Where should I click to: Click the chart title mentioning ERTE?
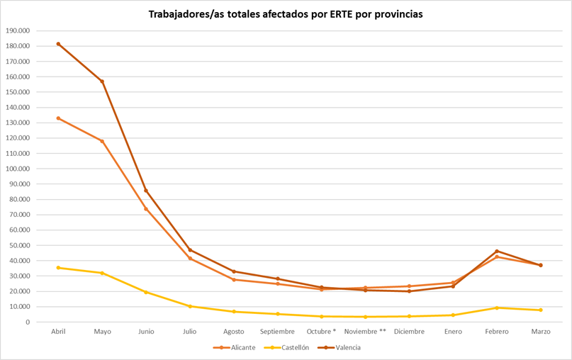pyautogui.click(x=285, y=14)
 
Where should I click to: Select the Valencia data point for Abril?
pyautogui.click(x=58, y=44)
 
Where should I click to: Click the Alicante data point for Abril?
pyautogui.click(x=58, y=118)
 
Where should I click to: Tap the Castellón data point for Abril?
pyautogui.click(x=58, y=268)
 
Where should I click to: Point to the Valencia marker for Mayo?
pyautogui.click(x=102, y=81)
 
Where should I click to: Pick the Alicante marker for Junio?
pyautogui.click(x=146, y=209)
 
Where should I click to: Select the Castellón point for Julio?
pyautogui.click(x=190, y=306)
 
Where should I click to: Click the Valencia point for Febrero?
pyautogui.click(x=497, y=251)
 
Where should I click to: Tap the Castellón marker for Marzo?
pyautogui.click(x=541, y=310)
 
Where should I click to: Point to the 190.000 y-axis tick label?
pyautogui.click(x=17, y=30)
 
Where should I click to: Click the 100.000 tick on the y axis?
pyautogui.click(x=17, y=169)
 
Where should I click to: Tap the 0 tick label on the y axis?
pyautogui.click(x=27, y=322)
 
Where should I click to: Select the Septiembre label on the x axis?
pyautogui.click(x=277, y=332)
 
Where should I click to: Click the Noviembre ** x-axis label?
pyautogui.click(x=365, y=332)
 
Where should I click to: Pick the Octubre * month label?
pyautogui.click(x=321, y=332)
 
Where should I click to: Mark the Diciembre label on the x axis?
pyautogui.click(x=409, y=332)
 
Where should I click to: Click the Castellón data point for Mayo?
pyautogui.click(x=102, y=273)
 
